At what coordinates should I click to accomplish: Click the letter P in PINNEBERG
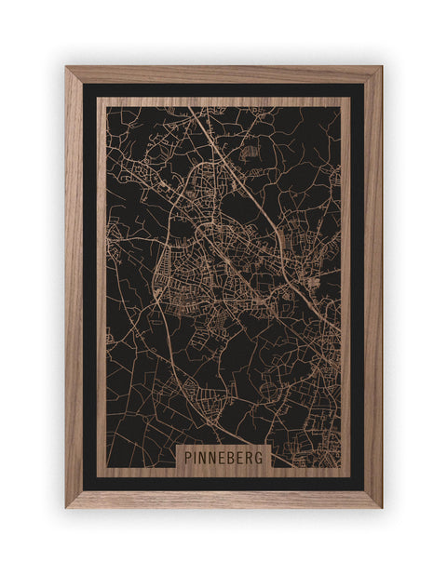[x=187, y=458]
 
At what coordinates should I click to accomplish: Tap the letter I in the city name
[x=196, y=458]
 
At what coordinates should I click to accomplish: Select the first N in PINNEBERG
[x=204, y=458]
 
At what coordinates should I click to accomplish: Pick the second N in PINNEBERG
[x=214, y=458]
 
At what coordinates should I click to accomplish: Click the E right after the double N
[x=224, y=458]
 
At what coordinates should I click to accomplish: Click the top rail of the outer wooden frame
[x=223, y=74]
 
